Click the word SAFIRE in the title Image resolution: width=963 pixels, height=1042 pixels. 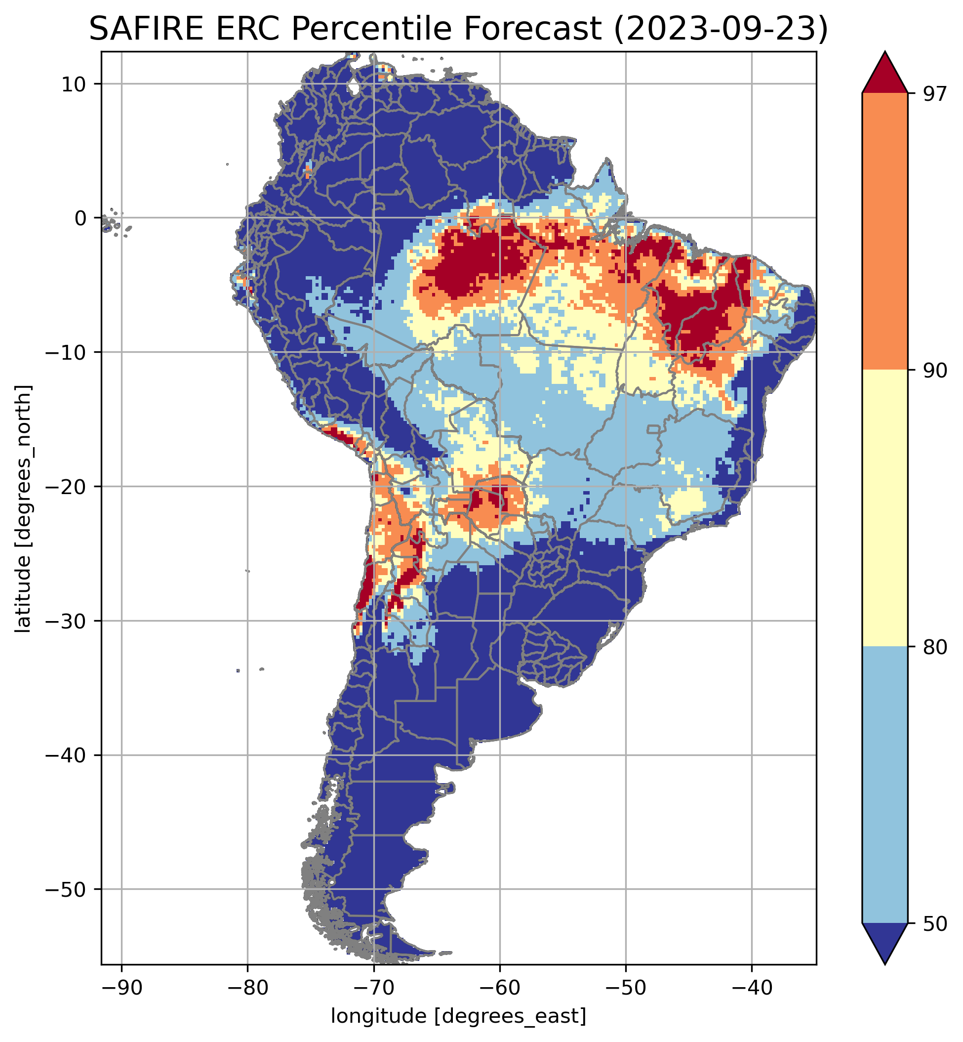(x=145, y=29)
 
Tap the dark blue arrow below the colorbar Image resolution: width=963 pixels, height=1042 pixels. (x=885, y=941)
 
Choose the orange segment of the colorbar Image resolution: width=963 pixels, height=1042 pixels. (x=885, y=232)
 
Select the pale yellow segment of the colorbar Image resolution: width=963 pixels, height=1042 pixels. (x=885, y=508)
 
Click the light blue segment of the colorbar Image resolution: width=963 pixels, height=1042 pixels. (x=885, y=785)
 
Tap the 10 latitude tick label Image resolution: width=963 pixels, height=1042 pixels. (x=73, y=84)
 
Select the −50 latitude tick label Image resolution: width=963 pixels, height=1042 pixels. (x=65, y=889)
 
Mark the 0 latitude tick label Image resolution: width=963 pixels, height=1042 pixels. (x=80, y=218)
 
